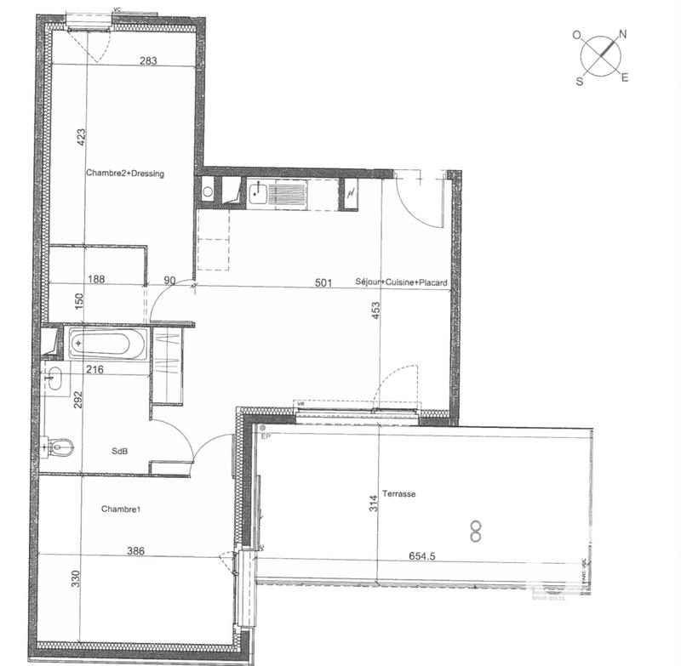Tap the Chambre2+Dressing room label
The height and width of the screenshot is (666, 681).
124,174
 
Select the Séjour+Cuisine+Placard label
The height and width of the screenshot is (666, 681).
401,282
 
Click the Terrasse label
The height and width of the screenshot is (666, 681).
398,493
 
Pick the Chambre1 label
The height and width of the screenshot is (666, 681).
120,509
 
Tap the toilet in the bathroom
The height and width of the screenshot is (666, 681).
60,444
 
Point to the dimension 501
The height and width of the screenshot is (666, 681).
323,282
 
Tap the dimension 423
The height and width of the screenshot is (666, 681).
80,139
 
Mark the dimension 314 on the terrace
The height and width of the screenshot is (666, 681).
372,504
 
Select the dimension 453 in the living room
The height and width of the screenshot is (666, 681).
375,310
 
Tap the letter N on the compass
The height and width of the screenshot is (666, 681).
622,35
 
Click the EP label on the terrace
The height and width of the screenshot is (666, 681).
266,437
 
